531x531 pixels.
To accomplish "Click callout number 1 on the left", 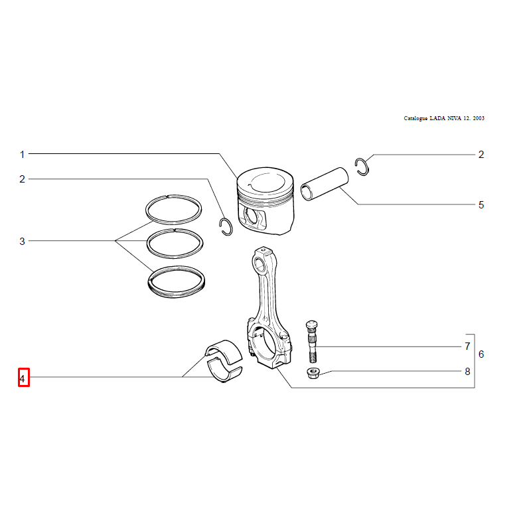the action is [x=23, y=155].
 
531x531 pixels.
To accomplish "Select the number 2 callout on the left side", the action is [x=23, y=179].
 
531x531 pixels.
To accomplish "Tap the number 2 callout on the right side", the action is [x=481, y=155].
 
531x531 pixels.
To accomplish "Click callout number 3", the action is [x=23, y=242].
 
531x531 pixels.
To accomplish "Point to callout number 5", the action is [x=481, y=205].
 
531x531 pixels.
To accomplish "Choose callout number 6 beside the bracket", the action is [x=481, y=354].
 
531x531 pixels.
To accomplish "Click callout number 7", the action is [x=468, y=346].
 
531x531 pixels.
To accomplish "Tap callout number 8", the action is [x=468, y=372].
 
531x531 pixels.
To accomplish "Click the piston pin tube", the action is [x=325, y=184].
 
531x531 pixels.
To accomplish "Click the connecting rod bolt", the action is [x=312, y=341].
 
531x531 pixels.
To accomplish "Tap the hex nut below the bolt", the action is [x=313, y=373].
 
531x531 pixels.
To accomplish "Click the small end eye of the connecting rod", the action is [x=261, y=262].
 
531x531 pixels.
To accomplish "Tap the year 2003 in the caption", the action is [x=479, y=118].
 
